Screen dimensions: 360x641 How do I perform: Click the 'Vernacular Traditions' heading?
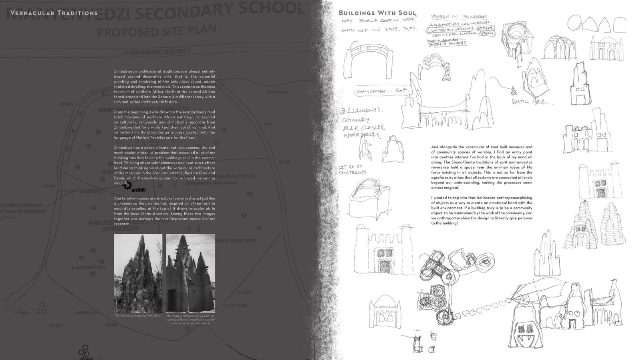[54, 13]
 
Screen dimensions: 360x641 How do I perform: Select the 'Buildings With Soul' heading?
[377, 13]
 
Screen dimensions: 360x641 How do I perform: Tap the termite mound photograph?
[138, 273]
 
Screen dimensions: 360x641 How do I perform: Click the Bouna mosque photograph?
[191, 273]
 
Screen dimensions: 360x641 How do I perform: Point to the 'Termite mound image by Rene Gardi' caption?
[138, 316]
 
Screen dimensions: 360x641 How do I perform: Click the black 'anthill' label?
[138, 190]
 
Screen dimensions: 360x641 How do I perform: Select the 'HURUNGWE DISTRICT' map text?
[157, 52]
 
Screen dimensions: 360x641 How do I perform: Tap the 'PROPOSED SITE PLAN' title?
[156, 31]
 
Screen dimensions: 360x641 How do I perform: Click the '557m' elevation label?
[285, 162]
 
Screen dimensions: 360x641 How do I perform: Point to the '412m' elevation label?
[244, 292]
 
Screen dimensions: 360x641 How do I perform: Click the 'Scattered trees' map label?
[89, 267]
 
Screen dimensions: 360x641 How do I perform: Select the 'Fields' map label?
[55, 325]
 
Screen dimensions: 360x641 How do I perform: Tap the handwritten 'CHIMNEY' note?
[355, 119]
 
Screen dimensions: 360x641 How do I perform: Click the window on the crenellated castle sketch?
[384, 253]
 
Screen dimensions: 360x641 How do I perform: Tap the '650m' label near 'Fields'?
[111, 325]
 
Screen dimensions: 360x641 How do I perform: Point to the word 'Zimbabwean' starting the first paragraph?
[125, 71]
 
